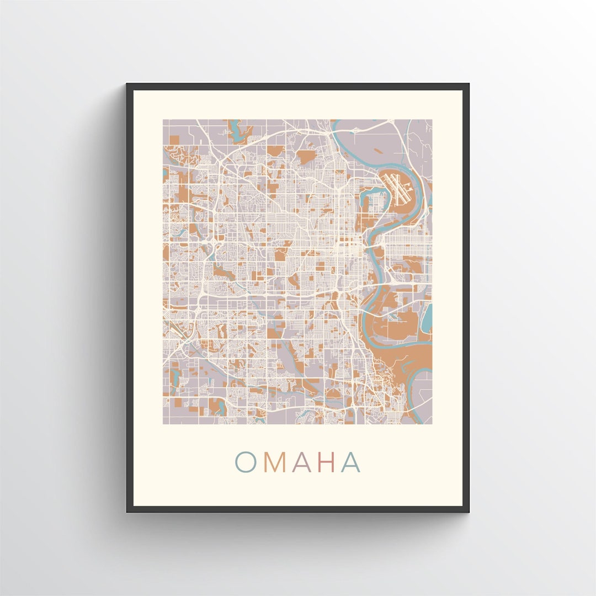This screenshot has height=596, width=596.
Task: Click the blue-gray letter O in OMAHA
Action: coord(246,462)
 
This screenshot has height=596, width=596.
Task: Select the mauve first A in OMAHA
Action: coord(302,462)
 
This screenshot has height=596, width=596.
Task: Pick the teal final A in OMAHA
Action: coord(350,462)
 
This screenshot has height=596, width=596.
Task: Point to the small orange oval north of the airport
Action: coord(379,150)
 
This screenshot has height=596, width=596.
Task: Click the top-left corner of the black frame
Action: coord(128,85)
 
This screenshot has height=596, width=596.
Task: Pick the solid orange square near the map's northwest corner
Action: coord(174,141)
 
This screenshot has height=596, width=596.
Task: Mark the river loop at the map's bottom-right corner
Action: coord(422,381)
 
